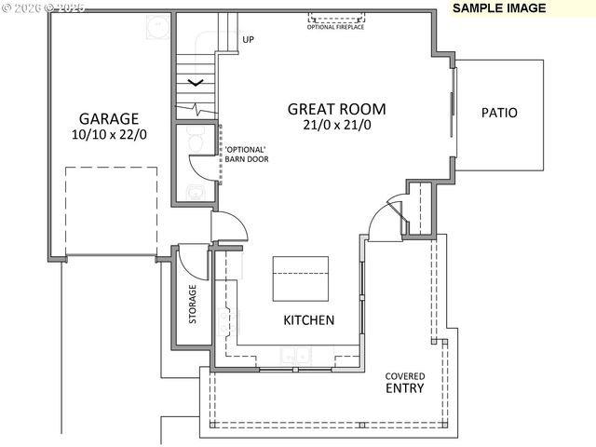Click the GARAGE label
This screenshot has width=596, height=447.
tap(108, 119)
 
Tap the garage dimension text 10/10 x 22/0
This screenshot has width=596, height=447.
tap(108, 135)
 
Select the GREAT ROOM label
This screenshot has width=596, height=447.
tap(336, 109)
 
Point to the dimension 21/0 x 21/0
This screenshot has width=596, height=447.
tap(336, 125)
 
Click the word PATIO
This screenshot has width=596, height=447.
tap(499, 114)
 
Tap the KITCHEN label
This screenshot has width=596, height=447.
tap(309, 320)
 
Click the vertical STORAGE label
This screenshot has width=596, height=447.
tap(193, 304)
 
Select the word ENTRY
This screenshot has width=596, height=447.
tap(406, 388)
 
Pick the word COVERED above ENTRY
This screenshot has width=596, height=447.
tap(406, 376)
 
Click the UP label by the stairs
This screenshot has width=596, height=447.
tap(248, 39)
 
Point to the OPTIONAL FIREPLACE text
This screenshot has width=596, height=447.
tap(335, 27)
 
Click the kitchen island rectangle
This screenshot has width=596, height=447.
tap(302, 278)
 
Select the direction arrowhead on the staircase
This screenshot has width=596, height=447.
tap(196, 84)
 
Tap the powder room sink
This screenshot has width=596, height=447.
tap(193, 192)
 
